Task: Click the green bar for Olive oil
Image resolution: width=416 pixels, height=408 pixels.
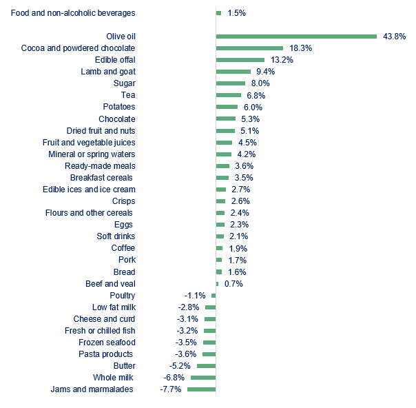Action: click(x=296, y=37)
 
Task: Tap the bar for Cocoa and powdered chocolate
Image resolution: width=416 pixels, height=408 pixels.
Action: click(x=249, y=48)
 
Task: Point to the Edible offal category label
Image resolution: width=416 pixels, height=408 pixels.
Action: click(x=114, y=60)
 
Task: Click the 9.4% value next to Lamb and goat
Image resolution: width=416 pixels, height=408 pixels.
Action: click(x=265, y=72)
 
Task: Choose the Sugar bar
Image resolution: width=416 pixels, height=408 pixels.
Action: click(x=231, y=83)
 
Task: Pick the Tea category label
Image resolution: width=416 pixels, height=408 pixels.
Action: click(x=127, y=95)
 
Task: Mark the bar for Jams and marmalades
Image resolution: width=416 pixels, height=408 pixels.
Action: click(x=201, y=389)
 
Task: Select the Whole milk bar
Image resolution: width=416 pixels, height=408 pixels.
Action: click(x=203, y=378)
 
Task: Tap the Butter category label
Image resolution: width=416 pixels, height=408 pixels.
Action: click(x=124, y=366)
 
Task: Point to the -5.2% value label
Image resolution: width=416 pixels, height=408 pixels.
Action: click(x=180, y=366)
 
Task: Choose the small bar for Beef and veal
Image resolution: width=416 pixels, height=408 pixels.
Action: click(x=217, y=284)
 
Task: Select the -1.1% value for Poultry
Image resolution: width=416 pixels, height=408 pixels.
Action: click(x=196, y=296)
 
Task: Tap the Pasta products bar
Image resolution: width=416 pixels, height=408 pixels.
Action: click(x=209, y=354)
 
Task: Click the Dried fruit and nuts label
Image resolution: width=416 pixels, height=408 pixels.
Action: click(x=101, y=130)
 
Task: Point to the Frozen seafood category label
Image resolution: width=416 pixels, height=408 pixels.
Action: click(x=107, y=343)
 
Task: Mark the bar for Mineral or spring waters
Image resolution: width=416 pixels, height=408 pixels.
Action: click(x=224, y=154)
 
